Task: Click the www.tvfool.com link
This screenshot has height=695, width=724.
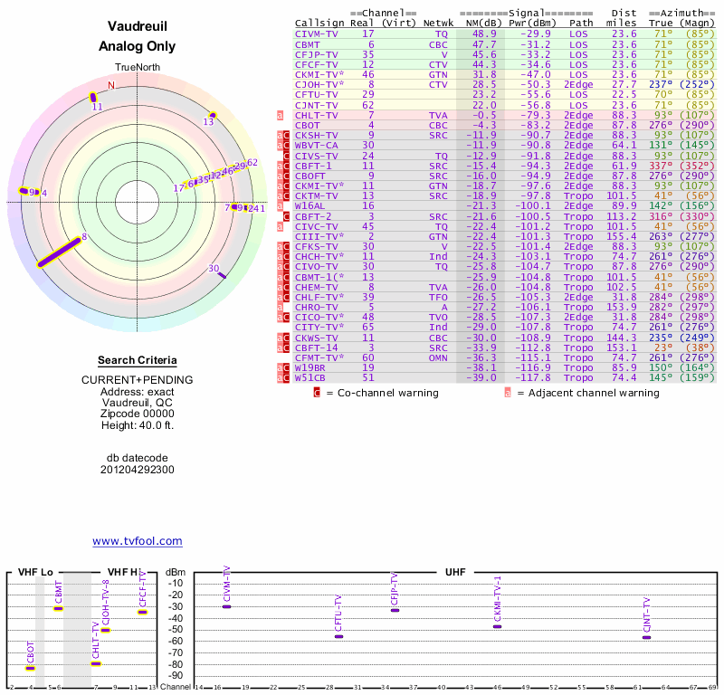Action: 137,541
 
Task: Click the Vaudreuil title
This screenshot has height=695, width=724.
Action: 137,26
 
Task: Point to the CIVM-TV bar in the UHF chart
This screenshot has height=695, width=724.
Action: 226,606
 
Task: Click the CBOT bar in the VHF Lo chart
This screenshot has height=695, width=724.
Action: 30,669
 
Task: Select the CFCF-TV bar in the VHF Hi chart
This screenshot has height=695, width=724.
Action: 142,613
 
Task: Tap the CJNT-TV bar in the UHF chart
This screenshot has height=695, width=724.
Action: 646,638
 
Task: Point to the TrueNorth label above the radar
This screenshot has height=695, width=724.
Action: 137,68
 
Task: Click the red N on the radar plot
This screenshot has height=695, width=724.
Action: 111,85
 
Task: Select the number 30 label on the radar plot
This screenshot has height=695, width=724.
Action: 214,268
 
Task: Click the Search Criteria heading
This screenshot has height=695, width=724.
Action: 137,360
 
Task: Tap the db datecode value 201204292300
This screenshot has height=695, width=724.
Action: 137,470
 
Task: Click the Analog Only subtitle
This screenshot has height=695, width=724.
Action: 137,47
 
